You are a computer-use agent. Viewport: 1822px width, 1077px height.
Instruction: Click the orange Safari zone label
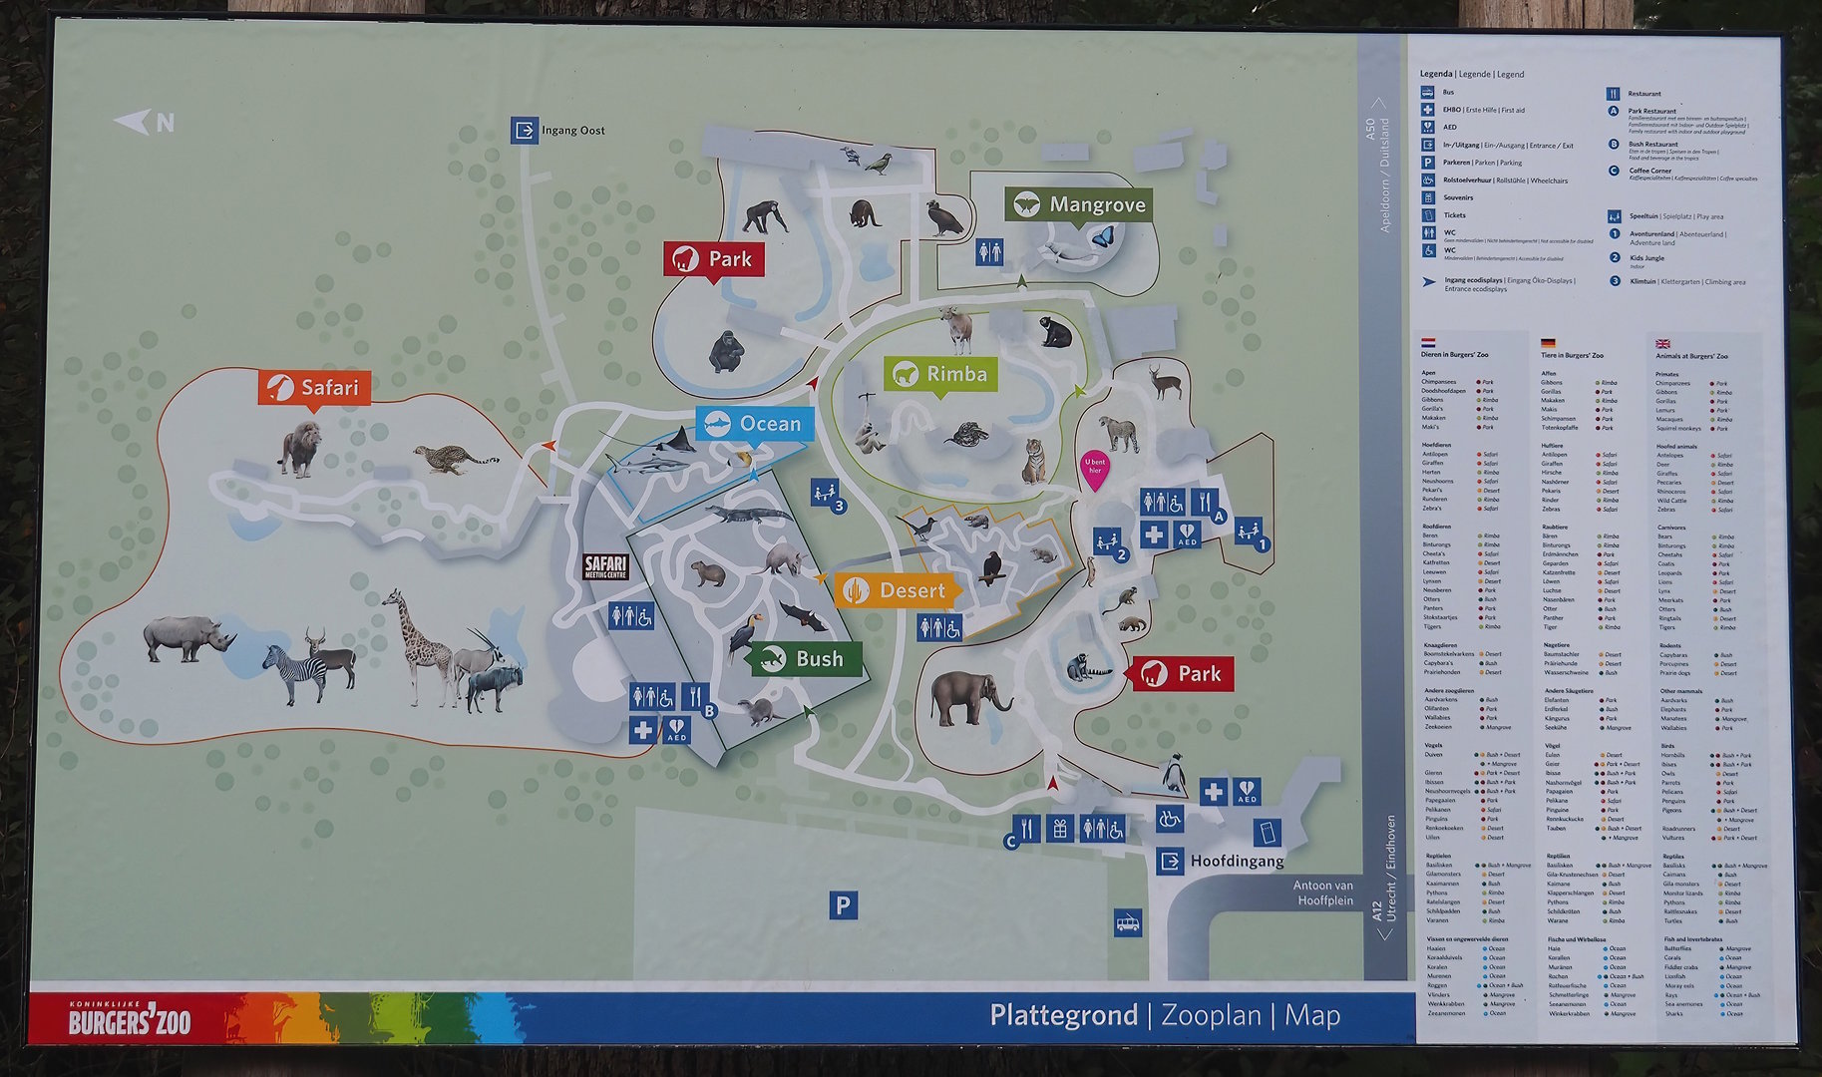(x=315, y=387)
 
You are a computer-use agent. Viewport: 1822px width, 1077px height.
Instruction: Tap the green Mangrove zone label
(x=1079, y=205)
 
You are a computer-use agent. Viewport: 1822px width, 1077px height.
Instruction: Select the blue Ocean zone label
(x=755, y=424)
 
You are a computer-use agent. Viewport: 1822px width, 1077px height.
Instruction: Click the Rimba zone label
(x=941, y=374)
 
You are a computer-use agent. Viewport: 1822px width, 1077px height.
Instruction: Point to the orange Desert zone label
(x=897, y=590)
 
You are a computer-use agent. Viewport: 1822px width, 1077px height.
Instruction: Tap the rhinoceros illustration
(x=186, y=638)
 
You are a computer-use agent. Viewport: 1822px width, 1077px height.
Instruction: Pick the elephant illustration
(x=970, y=697)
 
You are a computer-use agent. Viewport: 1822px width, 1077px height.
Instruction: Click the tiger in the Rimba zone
(x=1034, y=461)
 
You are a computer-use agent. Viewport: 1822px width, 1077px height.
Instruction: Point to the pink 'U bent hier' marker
(x=1095, y=468)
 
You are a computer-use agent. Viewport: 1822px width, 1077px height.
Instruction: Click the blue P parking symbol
(x=843, y=905)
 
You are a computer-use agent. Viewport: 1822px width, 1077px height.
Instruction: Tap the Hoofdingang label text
(x=1237, y=861)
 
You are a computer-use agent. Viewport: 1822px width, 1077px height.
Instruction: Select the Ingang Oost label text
(x=572, y=131)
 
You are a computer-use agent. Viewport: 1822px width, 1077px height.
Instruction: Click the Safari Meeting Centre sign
(x=605, y=567)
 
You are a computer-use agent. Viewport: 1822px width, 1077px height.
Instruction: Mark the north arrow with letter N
(x=146, y=123)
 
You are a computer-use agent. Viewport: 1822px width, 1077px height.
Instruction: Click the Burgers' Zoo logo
(x=130, y=1019)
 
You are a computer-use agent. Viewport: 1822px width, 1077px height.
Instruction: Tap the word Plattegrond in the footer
(x=1063, y=1015)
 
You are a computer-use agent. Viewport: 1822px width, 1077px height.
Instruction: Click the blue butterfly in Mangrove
(x=1102, y=237)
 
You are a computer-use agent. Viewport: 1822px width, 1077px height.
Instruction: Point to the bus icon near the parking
(x=1127, y=922)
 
